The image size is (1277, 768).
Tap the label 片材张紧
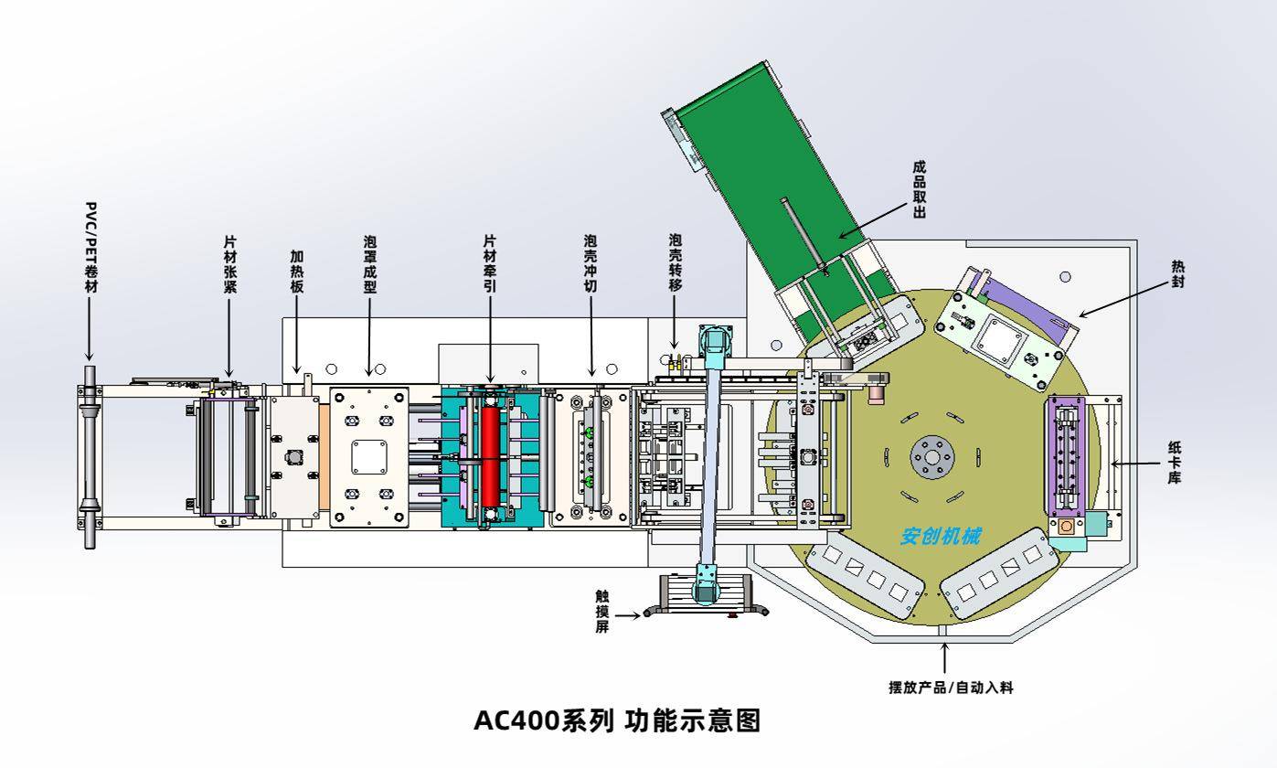(230, 264)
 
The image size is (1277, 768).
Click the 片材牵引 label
(490, 264)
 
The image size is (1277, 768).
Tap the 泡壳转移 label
(675, 264)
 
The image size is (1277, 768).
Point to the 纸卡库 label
(1174, 462)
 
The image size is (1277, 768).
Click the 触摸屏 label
(601, 612)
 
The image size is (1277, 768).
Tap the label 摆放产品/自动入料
(951, 688)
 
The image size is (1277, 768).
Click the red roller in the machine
(492, 456)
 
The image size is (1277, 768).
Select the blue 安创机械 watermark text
(941, 537)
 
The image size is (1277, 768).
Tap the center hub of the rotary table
(931, 455)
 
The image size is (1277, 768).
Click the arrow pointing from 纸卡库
(1133, 464)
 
